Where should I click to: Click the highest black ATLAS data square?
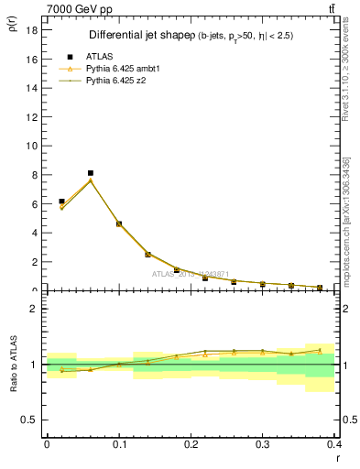tap(91, 173)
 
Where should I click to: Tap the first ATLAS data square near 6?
tap(61, 202)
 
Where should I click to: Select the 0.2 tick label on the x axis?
tap(191, 444)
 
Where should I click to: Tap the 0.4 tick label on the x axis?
tap(334, 444)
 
